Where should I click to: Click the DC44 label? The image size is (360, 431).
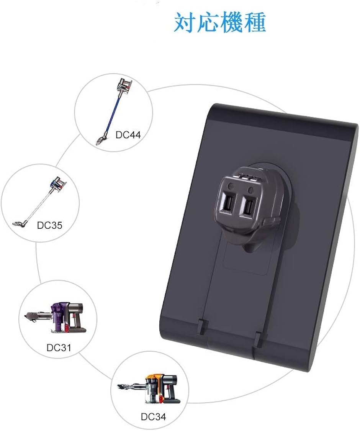click(x=128, y=135)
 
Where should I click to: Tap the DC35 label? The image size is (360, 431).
click(x=50, y=225)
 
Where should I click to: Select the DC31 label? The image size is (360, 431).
click(x=59, y=347)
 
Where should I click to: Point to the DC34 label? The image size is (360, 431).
click(x=153, y=417)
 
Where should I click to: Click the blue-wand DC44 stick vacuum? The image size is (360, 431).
click(x=113, y=111)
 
